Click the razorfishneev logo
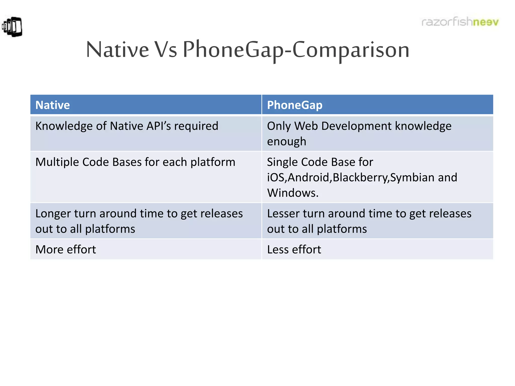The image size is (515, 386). tap(460, 22)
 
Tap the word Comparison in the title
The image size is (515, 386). tap(351, 50)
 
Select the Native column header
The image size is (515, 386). tap(53, 105)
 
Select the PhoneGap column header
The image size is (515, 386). tap(294, 105)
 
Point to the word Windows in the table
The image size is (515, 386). tap(292, 193)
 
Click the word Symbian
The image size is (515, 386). tap(412, 178)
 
